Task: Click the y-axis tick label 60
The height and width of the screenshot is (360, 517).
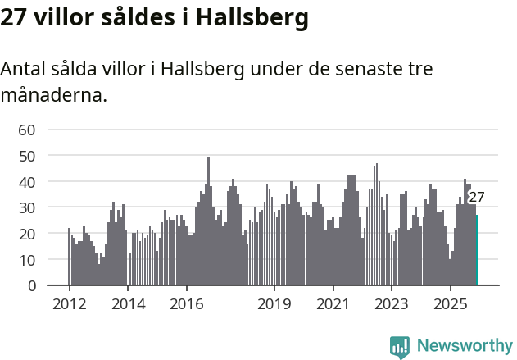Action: click(x=27, y=129)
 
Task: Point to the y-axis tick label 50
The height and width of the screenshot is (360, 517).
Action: click(x=27, y=155)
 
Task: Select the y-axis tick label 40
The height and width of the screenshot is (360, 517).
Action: click(x=27, y=181)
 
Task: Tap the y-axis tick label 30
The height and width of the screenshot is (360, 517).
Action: click(x=27, y=207)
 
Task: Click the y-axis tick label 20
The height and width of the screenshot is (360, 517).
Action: click(x=27, y=234)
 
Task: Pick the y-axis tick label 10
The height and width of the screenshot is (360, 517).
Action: click(x=27, y=260)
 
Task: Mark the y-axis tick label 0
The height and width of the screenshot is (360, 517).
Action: click(x=31, y=286)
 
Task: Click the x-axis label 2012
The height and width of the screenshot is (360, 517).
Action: click(x=70, y=303)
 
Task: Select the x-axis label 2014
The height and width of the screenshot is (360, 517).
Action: click(x=128, y=303)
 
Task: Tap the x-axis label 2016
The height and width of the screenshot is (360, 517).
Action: click(x=187, y=303)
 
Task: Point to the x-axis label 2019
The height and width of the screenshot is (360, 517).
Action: click(x=274, y=303)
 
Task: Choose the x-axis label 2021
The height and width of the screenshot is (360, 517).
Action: click(x=333, y=303)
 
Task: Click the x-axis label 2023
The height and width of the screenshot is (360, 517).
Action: click(x=392, y=303)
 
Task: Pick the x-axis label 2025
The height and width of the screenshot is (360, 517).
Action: click(x=450, y=303)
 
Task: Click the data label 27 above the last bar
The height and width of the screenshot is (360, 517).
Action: click(x=477, y=197)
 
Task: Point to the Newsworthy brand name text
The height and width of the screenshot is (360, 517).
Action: click(x=465, y=346)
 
